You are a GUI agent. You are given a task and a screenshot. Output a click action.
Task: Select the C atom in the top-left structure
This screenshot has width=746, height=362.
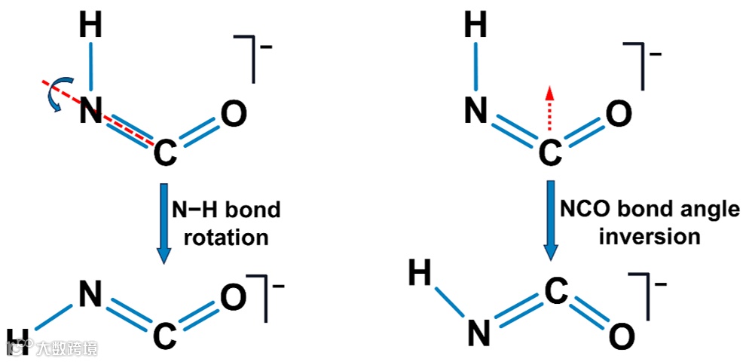point(165,155)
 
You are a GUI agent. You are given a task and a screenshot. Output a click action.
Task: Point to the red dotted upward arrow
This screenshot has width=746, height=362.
point(550,106)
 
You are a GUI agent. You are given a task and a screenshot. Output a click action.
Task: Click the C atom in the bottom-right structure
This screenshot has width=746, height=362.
point(553,290)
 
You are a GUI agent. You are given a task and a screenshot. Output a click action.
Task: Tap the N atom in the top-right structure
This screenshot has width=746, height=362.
point(475,112)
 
